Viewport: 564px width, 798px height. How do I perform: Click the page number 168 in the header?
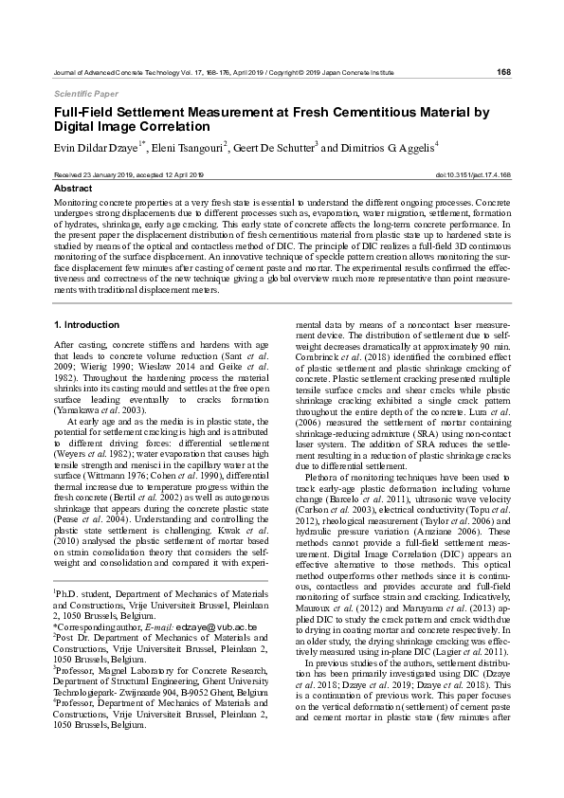pos(504,71)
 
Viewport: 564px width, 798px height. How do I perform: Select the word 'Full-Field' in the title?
pos(85,113)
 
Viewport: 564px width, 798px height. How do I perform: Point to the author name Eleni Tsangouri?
pos(187,148)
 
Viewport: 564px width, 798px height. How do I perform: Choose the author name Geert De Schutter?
pos(274,148)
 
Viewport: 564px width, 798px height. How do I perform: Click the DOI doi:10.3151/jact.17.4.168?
pos(473,175)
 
